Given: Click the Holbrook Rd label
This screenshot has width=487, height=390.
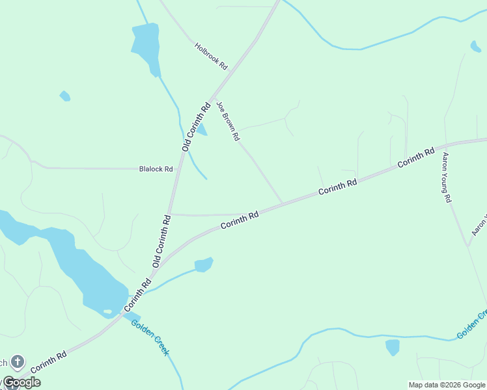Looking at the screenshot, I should click(x=211, y=56).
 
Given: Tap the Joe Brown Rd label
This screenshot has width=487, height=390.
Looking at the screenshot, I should click(x=229, y=122).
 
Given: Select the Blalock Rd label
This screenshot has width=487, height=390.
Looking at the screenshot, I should click(x=156, y=169).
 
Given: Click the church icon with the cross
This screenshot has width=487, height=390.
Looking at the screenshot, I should click(x=17, y=361).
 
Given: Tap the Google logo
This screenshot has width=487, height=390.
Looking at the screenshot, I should click(x=21, y=382).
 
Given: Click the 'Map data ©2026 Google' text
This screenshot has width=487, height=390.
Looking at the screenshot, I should click(x=447, y=385).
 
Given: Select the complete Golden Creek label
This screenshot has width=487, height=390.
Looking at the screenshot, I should click(x=150, y=337).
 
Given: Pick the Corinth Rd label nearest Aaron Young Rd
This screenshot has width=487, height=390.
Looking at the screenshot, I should click(x=416, y=158).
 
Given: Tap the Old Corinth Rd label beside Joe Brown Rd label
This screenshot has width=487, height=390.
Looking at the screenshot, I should click(x=196, y=127).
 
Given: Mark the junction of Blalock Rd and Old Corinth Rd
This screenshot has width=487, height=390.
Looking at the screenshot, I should click(x=178, y=168).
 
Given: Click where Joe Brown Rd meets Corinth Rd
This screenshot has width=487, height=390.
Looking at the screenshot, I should click(x=283, y=203).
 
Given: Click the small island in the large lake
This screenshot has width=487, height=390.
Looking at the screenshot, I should click(x=107, y=311).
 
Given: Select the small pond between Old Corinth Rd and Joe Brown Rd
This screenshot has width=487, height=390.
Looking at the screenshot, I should click(x=202, y=129).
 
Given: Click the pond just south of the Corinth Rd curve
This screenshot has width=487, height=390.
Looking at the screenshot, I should click(x=204, y=265).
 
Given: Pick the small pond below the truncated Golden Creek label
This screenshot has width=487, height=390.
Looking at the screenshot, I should click(x=392, y=347).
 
